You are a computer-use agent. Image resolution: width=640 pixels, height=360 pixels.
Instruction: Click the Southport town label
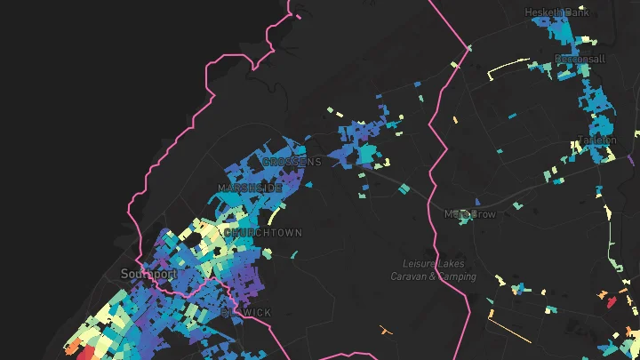pyautogui.click(x=148, y=274)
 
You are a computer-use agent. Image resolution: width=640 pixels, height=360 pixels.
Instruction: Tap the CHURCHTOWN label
pyautogui.click(x=263, y=233)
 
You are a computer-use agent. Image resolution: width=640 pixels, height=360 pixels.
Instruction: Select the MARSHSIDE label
pyautogui.click(x=250, y=188)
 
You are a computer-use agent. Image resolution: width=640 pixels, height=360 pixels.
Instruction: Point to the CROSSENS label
pyautogui.click(x=292, y=162)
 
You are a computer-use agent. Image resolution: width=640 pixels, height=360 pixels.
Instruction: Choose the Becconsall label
pyautogui.click(x=580, y=60)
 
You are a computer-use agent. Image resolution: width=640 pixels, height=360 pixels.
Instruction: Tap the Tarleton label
pyautogui.click(x=596, y=140)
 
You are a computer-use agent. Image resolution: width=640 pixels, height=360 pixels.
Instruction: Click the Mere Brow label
pyautogui.click(x=470, y=214)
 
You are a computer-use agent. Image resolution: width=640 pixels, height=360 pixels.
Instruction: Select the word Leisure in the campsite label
pyautogui.click(x=419, y=264)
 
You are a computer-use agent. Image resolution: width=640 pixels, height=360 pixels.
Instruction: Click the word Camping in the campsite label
pyautogui.click(x=455, y=276)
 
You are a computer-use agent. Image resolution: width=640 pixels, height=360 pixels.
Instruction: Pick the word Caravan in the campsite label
pyautogui.click(x=409, y=276)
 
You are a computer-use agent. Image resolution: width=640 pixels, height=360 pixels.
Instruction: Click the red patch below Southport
pyautogui.click(x=86, y=353)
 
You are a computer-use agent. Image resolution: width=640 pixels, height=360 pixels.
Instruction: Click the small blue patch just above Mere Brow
pyautogui.click(x=477, y=202)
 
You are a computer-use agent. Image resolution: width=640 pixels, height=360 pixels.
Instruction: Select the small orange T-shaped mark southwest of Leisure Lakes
pyautogui.click(x=386, y=331)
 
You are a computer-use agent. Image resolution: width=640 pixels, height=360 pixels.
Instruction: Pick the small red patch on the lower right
pyautogui.click(x=610, y=301)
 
